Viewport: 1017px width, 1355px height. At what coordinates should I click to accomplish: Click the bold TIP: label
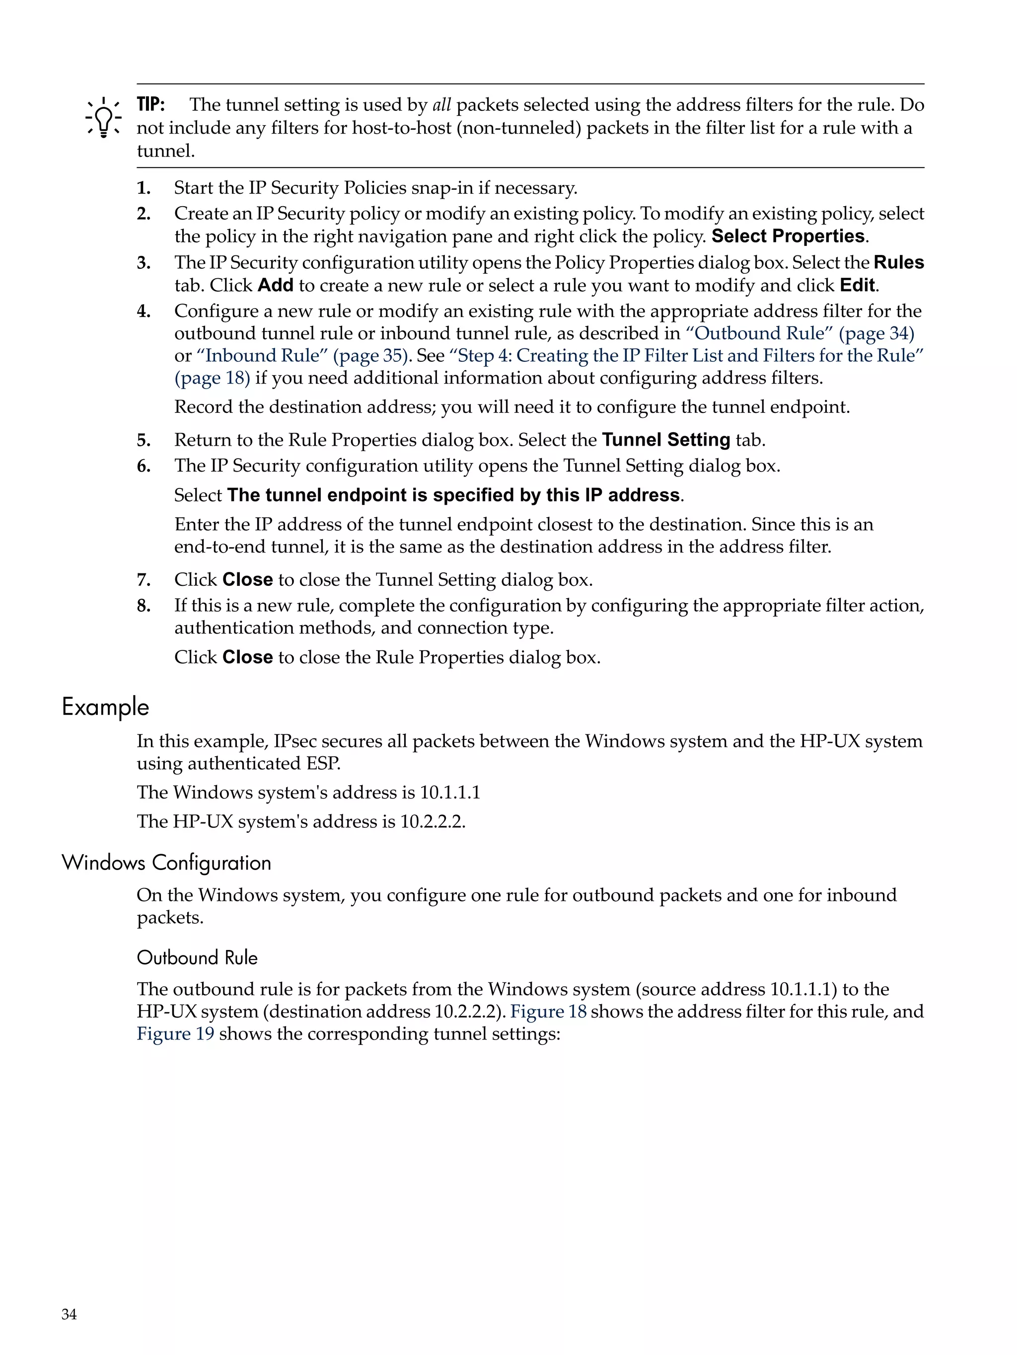(150, 105)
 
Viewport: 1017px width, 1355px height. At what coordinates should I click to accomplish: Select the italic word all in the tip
(441, 105)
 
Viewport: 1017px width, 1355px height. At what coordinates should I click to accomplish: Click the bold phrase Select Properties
(789, 237)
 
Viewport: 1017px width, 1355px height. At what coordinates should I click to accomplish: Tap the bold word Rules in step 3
(898, 262)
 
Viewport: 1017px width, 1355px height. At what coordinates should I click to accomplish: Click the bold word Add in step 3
(276, 285)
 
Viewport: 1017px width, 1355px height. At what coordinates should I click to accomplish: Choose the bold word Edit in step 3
(858, 285)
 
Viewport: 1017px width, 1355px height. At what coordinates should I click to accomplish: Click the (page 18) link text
(212, 378)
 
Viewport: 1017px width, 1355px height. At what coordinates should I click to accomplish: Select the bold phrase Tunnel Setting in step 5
(665, 440)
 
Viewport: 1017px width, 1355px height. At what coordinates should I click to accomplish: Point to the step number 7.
(144, 579)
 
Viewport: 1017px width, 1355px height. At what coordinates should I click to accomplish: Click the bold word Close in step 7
(247, 579)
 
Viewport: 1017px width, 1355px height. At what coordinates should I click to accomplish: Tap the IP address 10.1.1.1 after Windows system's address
(449, 792)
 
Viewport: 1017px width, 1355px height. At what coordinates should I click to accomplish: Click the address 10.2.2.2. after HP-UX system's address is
(433, 821)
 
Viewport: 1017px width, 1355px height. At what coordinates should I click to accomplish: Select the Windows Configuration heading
(166, 863)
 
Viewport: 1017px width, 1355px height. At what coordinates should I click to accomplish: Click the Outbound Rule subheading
(197, 957)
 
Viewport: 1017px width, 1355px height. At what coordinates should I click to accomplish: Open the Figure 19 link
(175, 1034)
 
